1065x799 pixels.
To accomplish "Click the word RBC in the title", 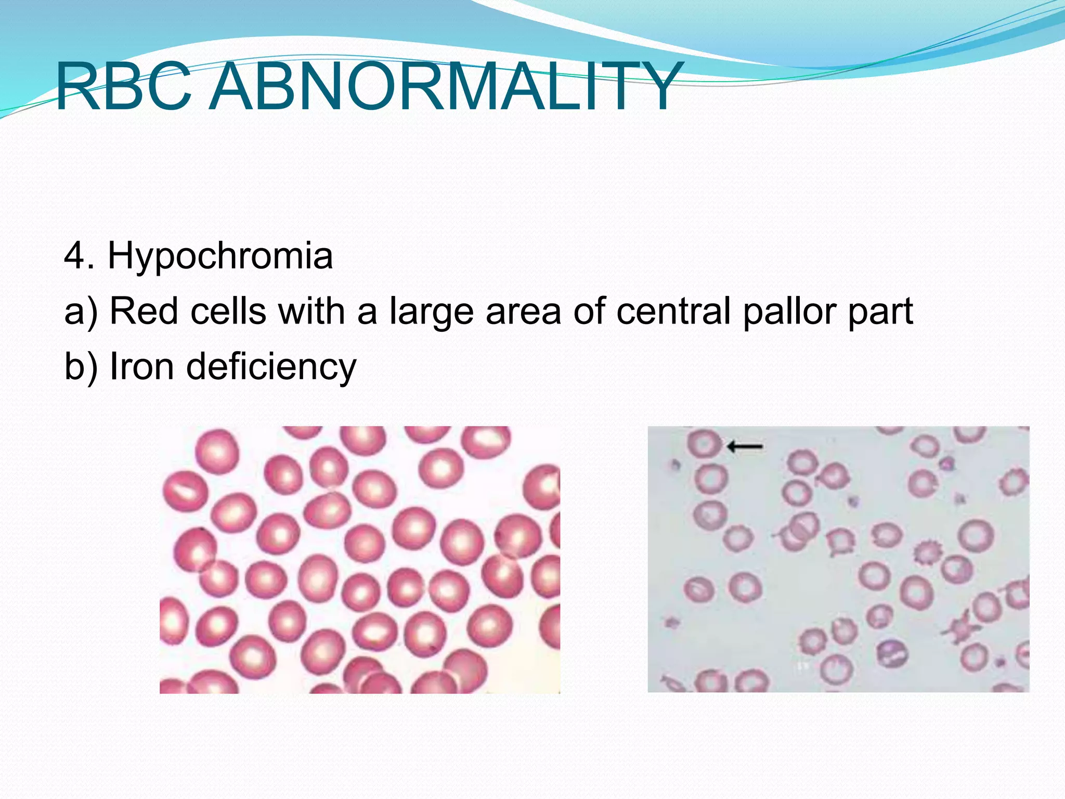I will pyautogui.click(x=123, y=86).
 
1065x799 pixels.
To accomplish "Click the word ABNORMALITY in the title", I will pyautogui.click(x=445, y=86).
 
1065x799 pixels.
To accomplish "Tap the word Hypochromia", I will pyautogui.click(x=220, y=256).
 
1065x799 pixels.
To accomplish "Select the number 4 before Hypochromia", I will pyautogui.click(x=74, y=256).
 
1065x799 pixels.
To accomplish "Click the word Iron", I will pyautogui.click(x=141, y=366).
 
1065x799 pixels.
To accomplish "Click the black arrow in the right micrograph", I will pyautogui.click(x=745, y=446).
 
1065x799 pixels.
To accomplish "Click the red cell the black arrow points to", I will pyautogui.click(x=704, y=444).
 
